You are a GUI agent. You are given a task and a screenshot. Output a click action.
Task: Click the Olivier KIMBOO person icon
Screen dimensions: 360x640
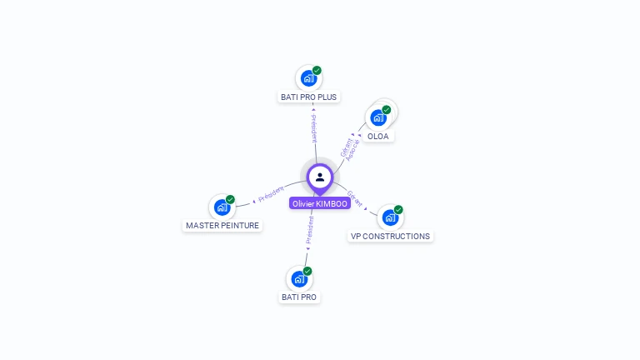click(x=320, y=177)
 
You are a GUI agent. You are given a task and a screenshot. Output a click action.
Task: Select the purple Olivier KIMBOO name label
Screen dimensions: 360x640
click(x=320, y=203)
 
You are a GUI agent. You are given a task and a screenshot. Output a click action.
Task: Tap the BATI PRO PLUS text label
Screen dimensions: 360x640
click(x=309, y=97)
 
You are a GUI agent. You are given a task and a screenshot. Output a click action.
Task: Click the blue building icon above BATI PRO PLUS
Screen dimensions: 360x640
click(x=309, y=79)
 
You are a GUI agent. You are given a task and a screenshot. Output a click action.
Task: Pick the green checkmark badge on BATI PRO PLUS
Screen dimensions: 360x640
click(x=317, y=71)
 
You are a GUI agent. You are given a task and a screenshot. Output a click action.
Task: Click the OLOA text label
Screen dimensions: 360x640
click(x=378, y=136)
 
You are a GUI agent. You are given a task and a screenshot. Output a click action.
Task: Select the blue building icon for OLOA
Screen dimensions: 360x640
click(x=378, y=117)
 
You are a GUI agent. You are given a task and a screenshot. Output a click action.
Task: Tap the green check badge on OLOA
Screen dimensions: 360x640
click(x=387, y=110)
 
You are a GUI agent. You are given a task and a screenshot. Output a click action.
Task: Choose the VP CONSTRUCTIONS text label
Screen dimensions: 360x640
click(x=390, y=236)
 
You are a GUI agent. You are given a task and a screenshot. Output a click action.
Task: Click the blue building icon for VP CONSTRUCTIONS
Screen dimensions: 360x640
click(x=390, y=218)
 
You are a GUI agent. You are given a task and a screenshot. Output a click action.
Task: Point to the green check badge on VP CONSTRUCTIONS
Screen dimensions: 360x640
click(x=398, y=210)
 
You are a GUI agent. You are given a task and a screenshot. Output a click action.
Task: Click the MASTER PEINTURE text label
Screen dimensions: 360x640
click(x=222, y=225)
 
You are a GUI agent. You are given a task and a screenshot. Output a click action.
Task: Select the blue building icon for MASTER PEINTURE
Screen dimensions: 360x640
click(x=222, y=207)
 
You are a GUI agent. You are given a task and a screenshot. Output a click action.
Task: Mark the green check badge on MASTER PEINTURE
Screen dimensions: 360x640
click(x=230, y=200)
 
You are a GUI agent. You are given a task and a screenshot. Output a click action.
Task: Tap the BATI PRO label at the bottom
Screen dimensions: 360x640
click(x=299, y=297)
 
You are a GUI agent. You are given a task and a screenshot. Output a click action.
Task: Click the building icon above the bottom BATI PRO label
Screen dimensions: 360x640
click(x=299, y=279)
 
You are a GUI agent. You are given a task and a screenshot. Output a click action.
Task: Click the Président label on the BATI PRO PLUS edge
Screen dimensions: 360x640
click(x=314, y=127)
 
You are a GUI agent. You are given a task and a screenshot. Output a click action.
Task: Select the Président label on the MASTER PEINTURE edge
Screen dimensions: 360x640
click(x=271, y=193)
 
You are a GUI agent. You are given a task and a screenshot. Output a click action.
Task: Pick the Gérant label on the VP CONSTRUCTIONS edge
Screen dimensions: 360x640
click(x=355, y=198)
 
